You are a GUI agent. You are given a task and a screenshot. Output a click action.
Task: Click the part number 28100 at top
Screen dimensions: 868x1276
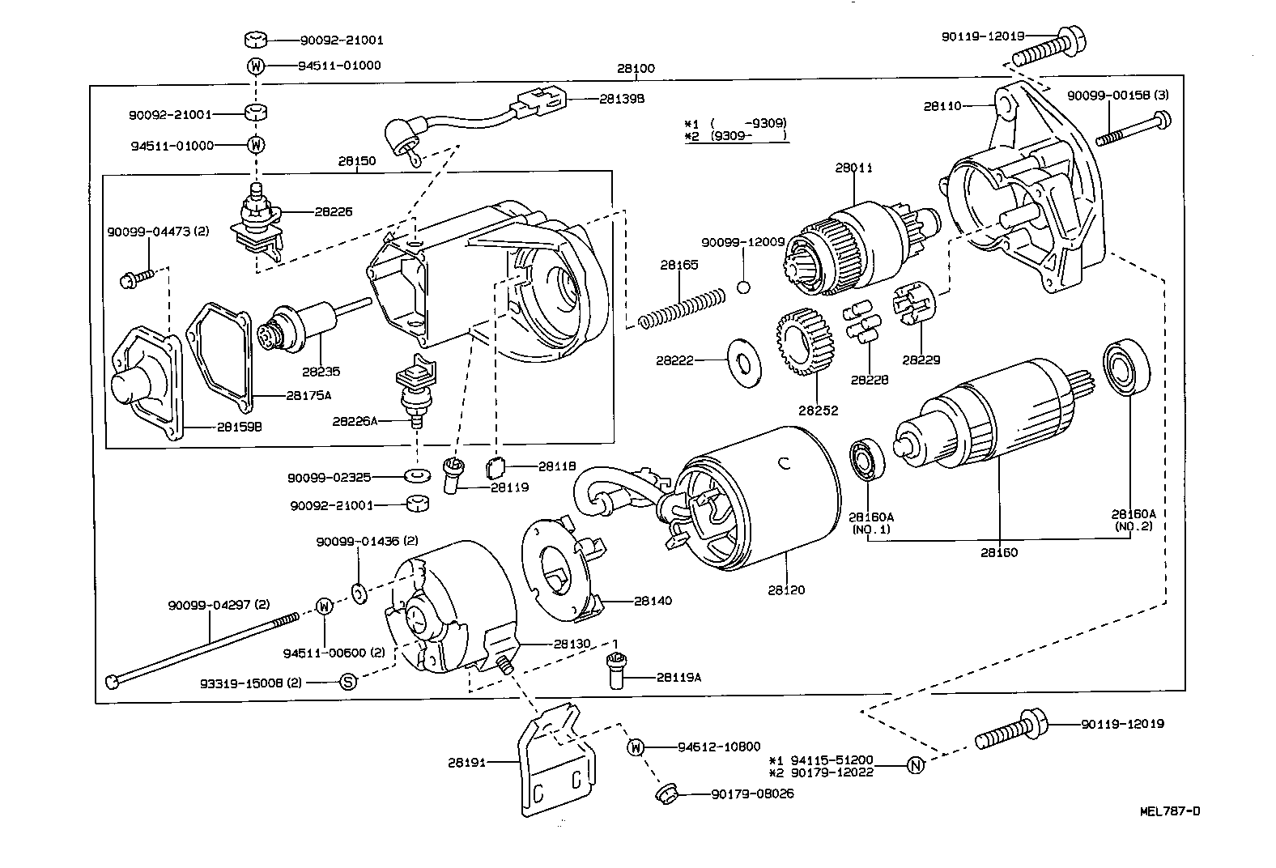(x=636, y=69)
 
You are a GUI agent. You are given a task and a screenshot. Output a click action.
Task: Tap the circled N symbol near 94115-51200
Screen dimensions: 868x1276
(x=915, y=766)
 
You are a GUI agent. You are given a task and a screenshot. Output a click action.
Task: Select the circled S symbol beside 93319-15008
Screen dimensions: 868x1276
(x=347, y=682)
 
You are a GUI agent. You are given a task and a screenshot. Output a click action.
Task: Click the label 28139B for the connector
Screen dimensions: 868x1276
(x=622, y=99)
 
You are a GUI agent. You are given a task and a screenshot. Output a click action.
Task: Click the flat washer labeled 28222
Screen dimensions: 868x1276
(x=742, y=360)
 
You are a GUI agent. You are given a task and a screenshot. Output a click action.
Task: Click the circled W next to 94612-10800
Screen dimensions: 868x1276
(x=635, y=747)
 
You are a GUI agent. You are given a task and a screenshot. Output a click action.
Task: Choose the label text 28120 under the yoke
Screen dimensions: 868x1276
(x=786, y=590)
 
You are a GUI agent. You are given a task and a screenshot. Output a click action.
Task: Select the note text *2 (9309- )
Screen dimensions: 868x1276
(x=736, y=136)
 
